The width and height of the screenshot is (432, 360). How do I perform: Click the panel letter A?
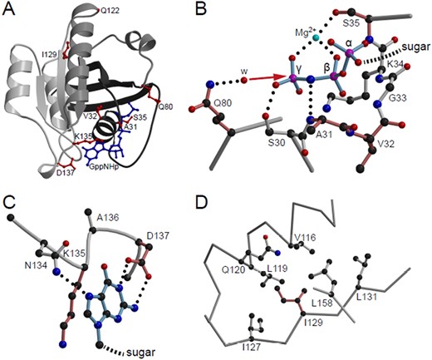pos(8,9)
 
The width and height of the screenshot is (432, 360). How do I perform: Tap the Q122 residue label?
pos(110,11)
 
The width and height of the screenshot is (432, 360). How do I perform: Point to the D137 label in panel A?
pos(66,173)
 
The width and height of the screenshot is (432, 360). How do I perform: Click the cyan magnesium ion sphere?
pos(316,37)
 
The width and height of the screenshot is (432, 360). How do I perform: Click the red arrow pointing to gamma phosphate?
pos(267,78)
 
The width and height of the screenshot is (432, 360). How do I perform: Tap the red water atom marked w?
pos(244,81)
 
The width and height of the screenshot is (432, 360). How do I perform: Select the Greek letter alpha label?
pos(349,43)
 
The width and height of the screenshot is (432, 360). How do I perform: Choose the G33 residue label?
pos(398,97)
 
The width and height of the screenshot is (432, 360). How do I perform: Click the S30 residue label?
pos(275,144)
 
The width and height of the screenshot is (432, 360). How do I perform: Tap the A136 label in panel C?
pos(108,217)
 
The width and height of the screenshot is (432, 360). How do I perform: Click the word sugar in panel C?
pos(140,353)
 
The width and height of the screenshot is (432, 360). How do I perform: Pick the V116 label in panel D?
pos(305,237)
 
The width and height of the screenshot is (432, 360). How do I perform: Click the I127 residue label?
pos(252,347)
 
